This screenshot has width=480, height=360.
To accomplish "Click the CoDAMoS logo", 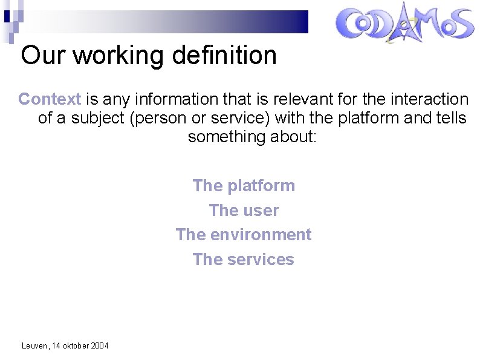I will click(404, 25).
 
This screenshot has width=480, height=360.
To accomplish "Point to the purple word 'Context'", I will click(50, 99).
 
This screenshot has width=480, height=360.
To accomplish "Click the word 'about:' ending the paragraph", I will click(296, 137).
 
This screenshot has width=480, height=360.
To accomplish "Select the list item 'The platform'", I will click(244, 186).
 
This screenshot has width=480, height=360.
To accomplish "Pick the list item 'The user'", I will click(244, 211).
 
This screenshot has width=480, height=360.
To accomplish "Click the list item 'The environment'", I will click(244, 235).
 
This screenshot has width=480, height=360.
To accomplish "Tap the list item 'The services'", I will click(244, 260).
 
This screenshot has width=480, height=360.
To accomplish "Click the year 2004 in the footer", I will click(99, 346).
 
